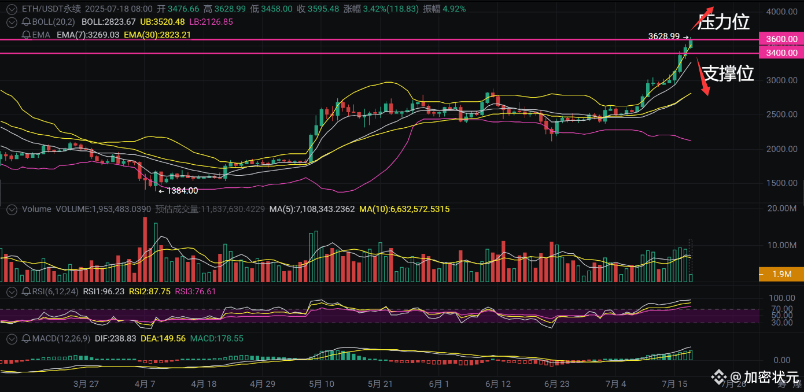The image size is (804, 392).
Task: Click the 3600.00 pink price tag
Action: pyautogui.click(x=781, y=39)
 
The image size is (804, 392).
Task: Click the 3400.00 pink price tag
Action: pyautogui.click(x=781, y=53)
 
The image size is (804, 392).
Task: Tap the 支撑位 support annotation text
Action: pyautogui.click(x=728, y=73)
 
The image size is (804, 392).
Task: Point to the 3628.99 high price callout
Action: pyautogui.click(x=664, y=36)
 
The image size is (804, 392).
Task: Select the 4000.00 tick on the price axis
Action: pyautogui.click(x=781, y=12)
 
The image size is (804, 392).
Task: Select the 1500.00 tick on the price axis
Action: pyautogui.click(x=781, y=183)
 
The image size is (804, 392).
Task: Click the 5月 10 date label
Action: pyautogui.click(x=322, y=383)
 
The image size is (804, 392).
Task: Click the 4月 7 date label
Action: pyautogui.click(x=145, y=383)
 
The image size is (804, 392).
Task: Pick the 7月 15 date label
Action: pyautogui.click(x=674, y=383)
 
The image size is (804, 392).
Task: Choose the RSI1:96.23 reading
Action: pyautogui.click(x=104, y=291)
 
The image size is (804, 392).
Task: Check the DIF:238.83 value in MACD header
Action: pyautogui.click(x=115, y=338)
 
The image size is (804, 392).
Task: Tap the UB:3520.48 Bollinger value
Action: pyautogui.click(x=162, y=21)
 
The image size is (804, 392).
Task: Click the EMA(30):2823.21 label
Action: pyautogui.click(x=157, y=35)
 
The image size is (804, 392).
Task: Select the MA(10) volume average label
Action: pyautogui.click(x=404, y=209)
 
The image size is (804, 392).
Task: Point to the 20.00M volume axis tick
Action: pyautogui.click(x=781, y=208)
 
